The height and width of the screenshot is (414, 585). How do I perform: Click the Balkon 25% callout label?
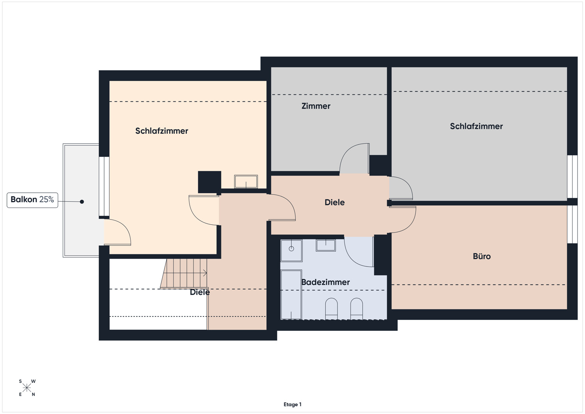32,200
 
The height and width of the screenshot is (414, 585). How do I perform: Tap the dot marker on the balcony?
82,201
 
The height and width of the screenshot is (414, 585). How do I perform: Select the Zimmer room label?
316,106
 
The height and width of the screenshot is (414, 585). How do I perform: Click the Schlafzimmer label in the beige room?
162,131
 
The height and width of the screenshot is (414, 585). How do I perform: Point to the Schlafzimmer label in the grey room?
476,126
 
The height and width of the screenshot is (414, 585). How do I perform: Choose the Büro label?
482,256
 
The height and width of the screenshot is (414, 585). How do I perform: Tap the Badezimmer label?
325,282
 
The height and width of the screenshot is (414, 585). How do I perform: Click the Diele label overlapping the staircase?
200,292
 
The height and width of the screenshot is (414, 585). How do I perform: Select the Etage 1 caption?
292,404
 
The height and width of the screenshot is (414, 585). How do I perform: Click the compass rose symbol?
27,388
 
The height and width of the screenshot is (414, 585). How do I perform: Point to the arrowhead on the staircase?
205,273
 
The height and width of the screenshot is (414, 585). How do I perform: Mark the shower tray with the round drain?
291,251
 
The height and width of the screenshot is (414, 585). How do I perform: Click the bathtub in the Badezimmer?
291,295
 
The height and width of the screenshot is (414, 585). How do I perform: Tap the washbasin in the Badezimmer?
326,245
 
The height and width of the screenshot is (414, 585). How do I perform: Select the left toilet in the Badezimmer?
331,309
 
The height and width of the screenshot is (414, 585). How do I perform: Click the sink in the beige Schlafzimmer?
246,181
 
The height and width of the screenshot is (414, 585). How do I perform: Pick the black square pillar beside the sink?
209,182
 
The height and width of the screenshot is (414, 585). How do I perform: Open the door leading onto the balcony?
117,232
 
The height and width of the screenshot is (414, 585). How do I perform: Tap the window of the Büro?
572,224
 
